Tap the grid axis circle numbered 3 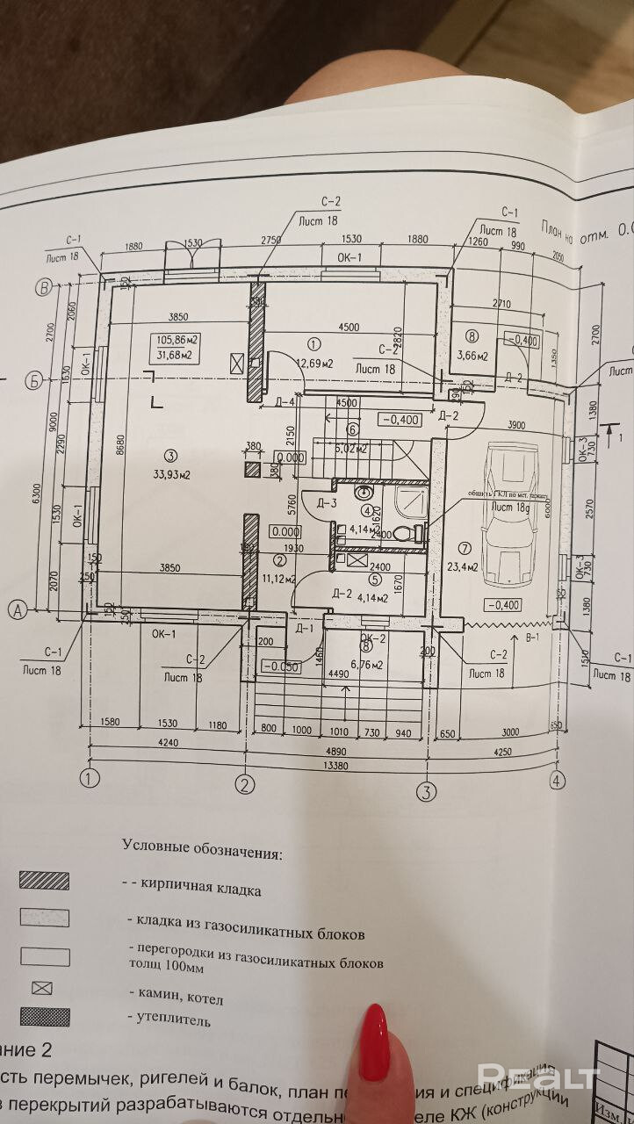[426, 791]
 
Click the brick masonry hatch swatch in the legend [44, 881]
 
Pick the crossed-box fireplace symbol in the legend [42, 988]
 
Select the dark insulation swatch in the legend [44, 1018]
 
